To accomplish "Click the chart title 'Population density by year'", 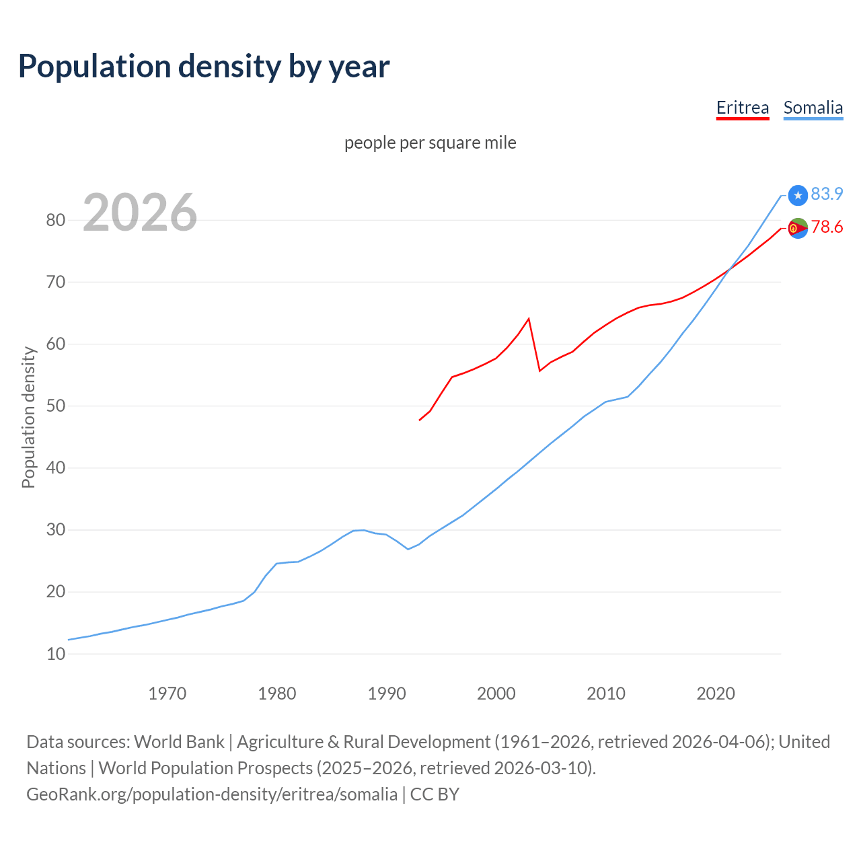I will click(204, 67).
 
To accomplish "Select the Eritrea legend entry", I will click(742, 108).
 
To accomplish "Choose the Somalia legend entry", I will click(813, 108).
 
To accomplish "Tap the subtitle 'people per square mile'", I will click(430, 143).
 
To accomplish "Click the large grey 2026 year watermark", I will click(140, 213).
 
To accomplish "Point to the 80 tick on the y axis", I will click(56, 220).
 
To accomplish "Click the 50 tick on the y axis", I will click(56, 406).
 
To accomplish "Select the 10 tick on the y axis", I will click(56, 654).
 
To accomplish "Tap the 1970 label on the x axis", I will click(167, 694).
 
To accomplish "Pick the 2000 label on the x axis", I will click(496, 694).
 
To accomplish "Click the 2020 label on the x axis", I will click(715, 694).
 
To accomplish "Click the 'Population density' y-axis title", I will click(28, 417).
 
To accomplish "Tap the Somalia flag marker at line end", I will click(798, 195).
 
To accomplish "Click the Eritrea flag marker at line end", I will click(798, 229).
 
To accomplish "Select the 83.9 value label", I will click(827, 194).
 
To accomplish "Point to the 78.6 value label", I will click(827, 227).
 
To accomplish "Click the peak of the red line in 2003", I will click(529, 318).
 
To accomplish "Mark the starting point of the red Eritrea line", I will click(420, 420).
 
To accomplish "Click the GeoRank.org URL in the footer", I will click(212, 794).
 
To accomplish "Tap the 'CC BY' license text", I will click(435, 794).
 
